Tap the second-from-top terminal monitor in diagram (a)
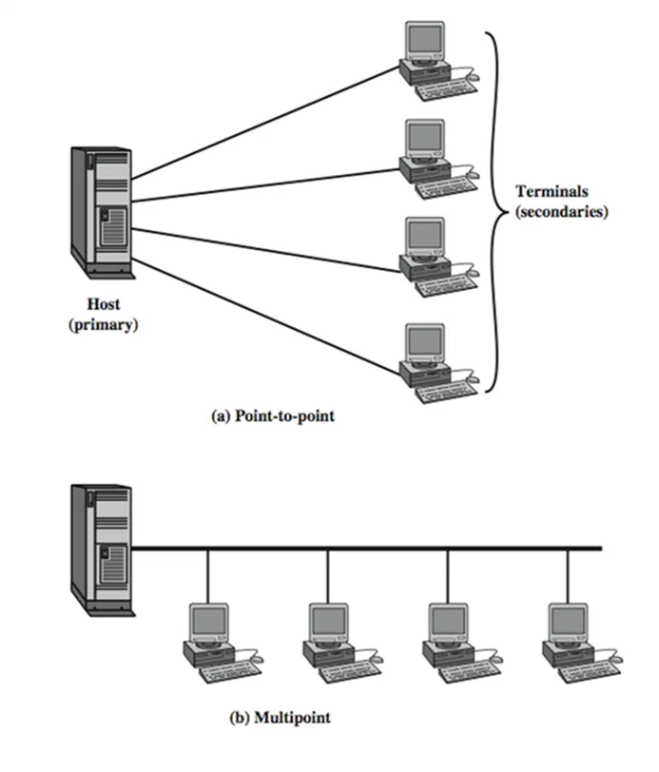[423, 141]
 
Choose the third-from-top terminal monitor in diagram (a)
[423, 238]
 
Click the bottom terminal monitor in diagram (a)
[423, 343]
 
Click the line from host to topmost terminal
[266, 122]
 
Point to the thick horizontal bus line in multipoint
[380, 549]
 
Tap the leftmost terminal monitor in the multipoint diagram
[208, 620]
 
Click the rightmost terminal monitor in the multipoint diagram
[568, 620]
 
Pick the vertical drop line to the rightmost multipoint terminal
[568, 575]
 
